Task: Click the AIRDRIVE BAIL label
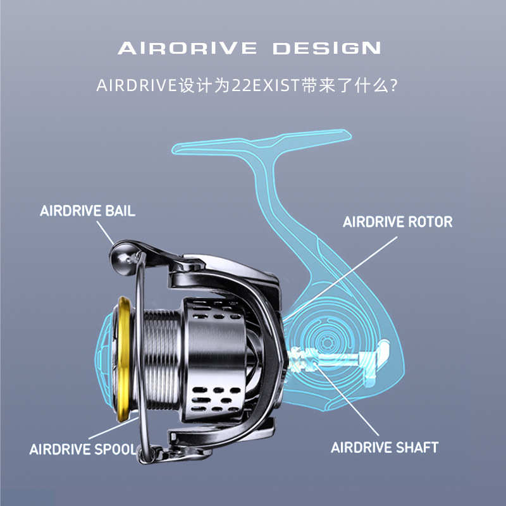point(87,211)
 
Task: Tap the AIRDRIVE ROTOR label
point(397,222)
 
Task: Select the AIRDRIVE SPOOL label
point(83,450)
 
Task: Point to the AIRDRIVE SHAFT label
point(385,447)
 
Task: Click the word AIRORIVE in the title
point(187,48)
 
